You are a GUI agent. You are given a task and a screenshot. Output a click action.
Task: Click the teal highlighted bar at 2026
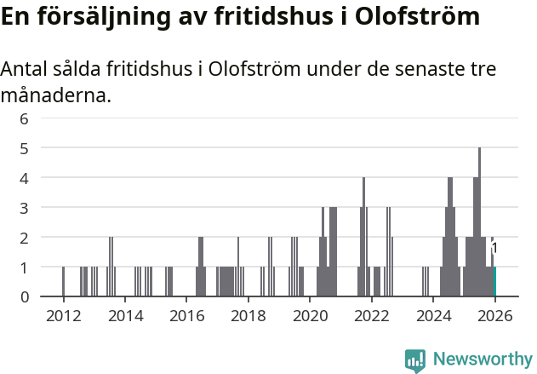pos(494,282)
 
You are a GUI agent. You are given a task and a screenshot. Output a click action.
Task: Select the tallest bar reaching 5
pos(479,222)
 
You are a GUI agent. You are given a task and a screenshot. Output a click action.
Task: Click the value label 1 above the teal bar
pos(494,248)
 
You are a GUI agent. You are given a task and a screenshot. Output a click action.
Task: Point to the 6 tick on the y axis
pos(24,118)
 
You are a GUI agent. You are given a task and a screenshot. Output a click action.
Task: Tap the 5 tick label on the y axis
pos(24,148)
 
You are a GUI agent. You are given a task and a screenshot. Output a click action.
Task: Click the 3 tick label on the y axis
pos(24,208)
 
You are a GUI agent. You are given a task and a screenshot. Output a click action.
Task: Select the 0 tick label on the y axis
pos(24,296)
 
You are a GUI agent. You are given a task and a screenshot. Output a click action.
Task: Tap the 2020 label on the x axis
pos(310,315)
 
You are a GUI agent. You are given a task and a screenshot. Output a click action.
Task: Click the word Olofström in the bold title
pos(411,16)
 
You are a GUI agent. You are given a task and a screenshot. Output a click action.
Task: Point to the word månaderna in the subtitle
pos(55,95)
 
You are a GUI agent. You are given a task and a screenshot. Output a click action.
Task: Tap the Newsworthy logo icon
pos(415,360)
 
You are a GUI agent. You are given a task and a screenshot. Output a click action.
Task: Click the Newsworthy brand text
pos(482,360)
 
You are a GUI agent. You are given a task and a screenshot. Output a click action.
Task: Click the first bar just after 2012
pos(63,282)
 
